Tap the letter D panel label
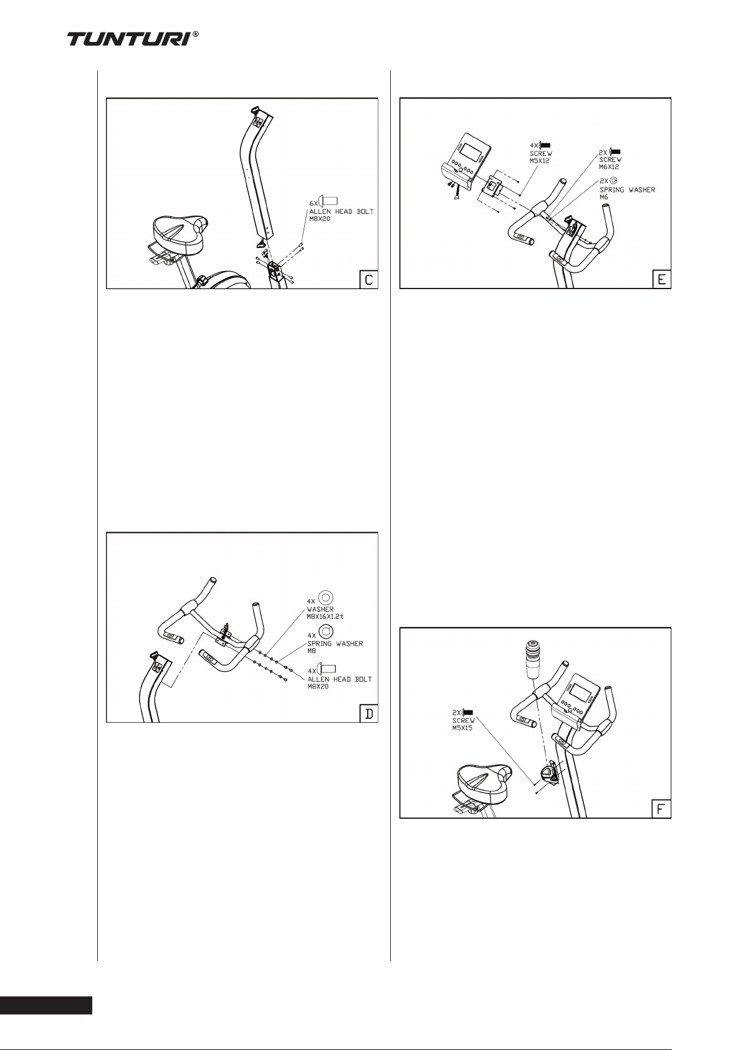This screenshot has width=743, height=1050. [x=368, y=713]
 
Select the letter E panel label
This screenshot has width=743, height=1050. [x=661, y=279]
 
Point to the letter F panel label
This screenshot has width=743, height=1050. [x=661, y=809]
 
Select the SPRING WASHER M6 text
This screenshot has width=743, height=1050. [x=627, y=193]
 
